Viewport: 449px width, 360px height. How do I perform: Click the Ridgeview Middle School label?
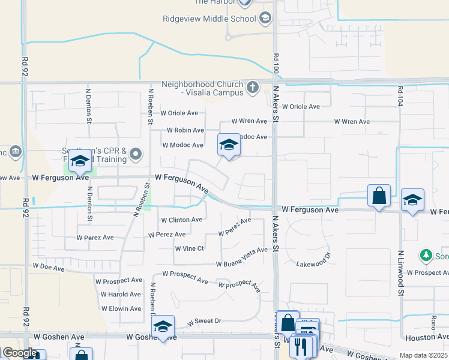209,19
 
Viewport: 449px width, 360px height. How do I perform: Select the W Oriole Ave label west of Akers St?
179,113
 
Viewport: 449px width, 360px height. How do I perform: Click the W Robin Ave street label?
185,130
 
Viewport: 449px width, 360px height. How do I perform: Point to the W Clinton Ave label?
181,220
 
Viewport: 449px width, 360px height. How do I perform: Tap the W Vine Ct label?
190,248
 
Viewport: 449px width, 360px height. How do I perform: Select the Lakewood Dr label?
314,262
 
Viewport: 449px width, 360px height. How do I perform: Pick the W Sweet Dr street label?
204,322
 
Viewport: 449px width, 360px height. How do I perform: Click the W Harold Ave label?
121,295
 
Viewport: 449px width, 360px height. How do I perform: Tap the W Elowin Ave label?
121,309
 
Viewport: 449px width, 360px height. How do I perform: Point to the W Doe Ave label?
49,265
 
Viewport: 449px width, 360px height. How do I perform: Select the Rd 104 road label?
399,97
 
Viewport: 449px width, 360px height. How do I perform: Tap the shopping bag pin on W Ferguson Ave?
379,196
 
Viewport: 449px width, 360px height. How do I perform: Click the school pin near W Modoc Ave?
228,145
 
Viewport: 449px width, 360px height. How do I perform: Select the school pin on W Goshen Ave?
163,327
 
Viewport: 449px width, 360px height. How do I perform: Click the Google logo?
20,353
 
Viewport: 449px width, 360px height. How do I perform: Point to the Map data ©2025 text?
423,355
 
